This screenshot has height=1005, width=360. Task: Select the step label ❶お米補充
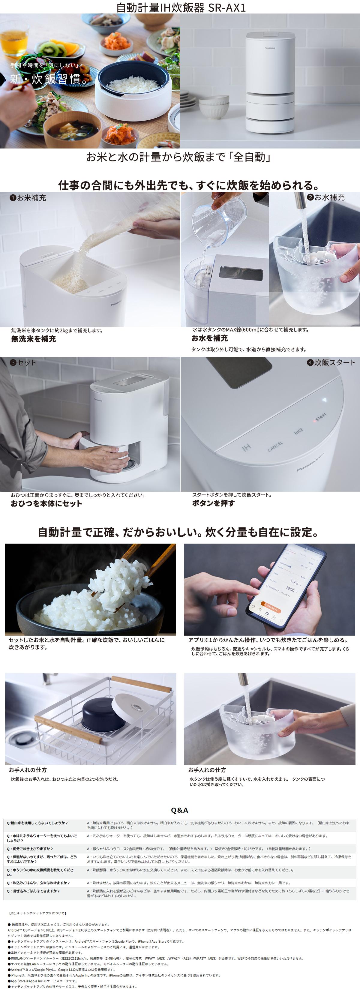(x=28, y=198)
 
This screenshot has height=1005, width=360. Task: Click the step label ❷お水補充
(x=326, y=197)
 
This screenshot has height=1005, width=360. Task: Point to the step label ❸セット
(x=23, y=362)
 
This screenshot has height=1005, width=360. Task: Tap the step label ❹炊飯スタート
(x=331, y=362)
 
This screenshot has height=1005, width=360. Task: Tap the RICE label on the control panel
(x=298, y=431)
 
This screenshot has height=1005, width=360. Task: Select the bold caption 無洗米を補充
(x=34, y=339)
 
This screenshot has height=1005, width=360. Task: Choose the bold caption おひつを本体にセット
(x=46, y=504)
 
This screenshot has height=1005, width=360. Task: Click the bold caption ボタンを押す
(x=213, y=503)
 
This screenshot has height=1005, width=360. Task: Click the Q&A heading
(x=179, y=810)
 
